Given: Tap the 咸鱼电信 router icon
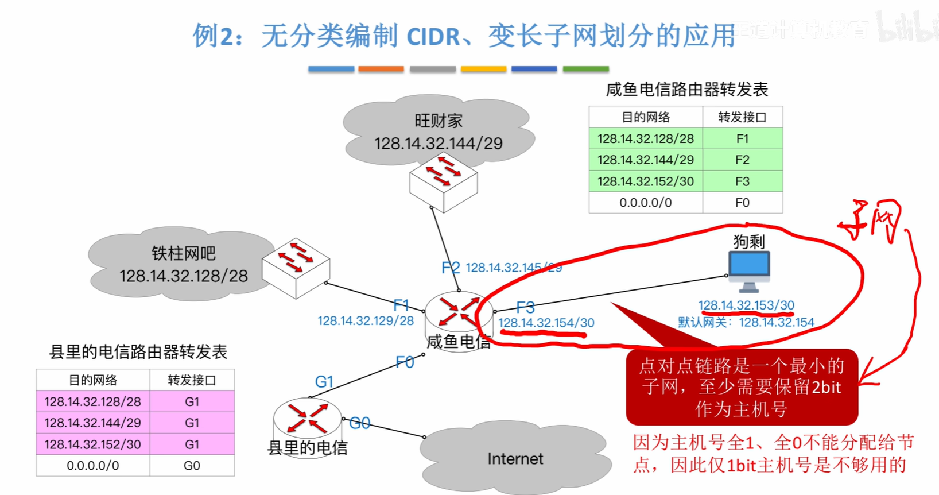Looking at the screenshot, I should [459, 313].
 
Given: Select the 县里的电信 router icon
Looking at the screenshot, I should [307, 417].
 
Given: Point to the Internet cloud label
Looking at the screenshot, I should [515, 459].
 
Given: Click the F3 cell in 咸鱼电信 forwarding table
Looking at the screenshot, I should [742, 181].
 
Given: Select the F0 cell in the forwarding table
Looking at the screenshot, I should [742, 203].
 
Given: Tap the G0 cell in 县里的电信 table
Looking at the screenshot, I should [192, 466].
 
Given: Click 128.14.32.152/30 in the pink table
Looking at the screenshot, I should [92, 444].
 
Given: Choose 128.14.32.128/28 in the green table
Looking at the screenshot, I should [645, 138].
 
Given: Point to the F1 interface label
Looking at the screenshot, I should [401, 305].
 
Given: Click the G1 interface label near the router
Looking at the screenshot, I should [324, 382].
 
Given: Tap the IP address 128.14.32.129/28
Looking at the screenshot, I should [366, 321].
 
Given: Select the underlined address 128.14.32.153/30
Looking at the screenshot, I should [746, 305].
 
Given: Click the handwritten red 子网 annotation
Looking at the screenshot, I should [870, 221].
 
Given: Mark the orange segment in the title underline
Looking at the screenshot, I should [381, 69].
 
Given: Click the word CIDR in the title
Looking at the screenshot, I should [433, 37].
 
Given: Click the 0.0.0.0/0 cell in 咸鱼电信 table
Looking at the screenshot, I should [645, 203].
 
